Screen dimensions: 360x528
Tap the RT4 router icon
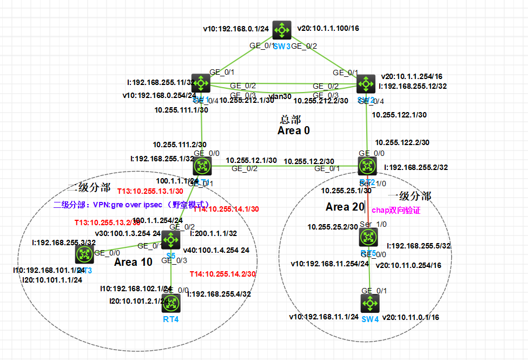[171, 304]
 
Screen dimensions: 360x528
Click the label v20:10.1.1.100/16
[328, 28]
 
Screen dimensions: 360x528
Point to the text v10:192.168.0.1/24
[235, 29]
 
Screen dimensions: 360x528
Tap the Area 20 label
[345, 207]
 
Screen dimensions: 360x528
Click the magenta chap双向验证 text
[396, 210]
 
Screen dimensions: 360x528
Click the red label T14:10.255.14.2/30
[222, 274]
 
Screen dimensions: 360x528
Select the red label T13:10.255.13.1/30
[150, 191]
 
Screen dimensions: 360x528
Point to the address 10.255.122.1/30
[399, 115]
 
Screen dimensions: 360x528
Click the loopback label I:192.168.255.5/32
[418, 246]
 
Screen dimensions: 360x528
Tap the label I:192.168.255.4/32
[219, 294]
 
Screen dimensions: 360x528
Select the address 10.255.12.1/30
[251, 161]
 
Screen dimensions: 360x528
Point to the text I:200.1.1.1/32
[214, 233]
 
